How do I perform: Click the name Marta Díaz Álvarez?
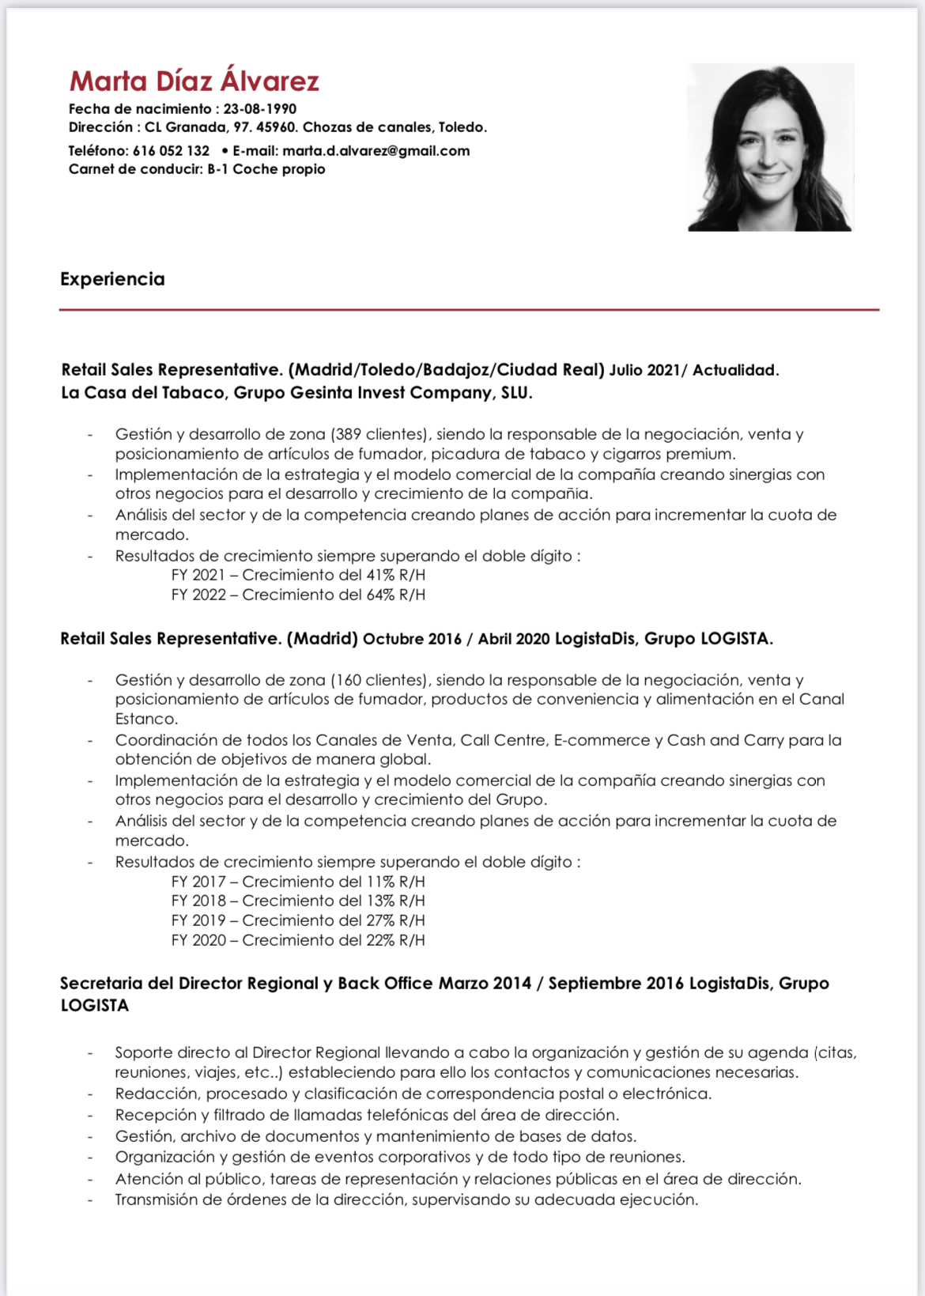194,81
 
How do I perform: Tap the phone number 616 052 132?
171,151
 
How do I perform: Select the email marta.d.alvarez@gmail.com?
376,151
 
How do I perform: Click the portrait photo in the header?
770,148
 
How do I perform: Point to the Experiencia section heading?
112,279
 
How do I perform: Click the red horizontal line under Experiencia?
469,310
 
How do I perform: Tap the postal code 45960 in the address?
276,127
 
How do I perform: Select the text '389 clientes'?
379,434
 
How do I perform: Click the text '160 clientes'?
379,680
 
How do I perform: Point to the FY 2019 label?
198,920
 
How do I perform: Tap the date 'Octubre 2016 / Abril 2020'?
456,639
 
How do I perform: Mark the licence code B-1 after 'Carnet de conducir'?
217,169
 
